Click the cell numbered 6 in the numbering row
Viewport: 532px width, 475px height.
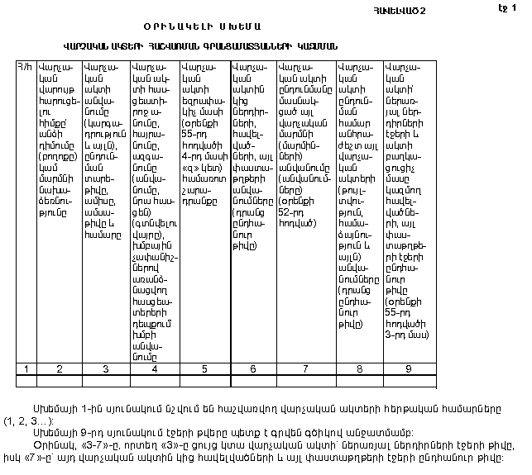(253, 368)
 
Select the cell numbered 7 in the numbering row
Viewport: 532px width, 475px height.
(305, 368)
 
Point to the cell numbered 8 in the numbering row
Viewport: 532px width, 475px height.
(359, 368)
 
